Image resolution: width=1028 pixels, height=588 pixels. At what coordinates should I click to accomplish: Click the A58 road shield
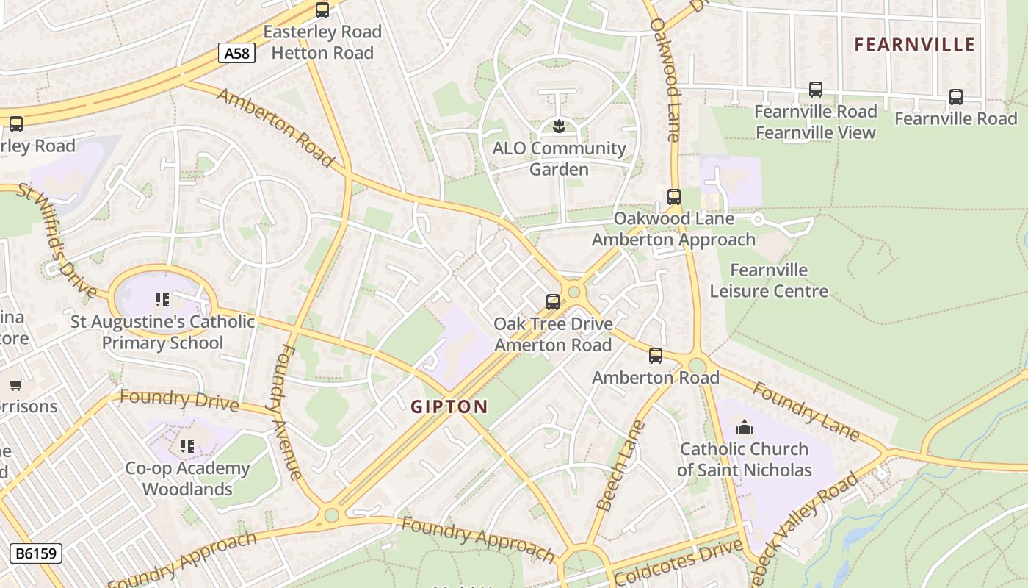tap(236, 53)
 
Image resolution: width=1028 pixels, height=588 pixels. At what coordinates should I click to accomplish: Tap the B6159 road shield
tap(36, 553)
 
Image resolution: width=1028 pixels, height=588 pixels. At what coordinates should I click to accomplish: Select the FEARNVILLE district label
tap(914, 45)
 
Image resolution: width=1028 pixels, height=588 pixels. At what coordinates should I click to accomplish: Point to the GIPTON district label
tap(449, 406)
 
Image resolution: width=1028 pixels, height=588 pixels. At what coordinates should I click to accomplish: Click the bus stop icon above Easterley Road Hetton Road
tap(322, 10)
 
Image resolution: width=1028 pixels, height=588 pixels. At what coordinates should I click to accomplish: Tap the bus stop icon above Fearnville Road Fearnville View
tap(815, 90)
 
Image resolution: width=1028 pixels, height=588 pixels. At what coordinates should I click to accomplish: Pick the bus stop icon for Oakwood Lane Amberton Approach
tap(673, 197)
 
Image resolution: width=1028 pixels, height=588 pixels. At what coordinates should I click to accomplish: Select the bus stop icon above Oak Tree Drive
tap(552, 302)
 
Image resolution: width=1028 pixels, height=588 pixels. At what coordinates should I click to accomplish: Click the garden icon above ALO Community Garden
tap(559, 126)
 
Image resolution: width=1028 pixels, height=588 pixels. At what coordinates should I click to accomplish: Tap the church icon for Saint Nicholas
tap(744, 427)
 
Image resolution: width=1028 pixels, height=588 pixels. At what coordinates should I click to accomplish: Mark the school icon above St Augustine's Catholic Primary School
tap(162, 300)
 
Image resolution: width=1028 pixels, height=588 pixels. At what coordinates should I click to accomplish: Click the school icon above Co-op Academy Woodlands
tap(187, 446)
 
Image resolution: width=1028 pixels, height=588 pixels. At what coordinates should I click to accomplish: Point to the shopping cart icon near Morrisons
tap(15, 384)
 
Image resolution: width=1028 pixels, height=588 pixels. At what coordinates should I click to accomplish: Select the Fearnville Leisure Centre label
tap(769, 281)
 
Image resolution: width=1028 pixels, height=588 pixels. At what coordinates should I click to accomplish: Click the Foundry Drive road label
tap(178, 401)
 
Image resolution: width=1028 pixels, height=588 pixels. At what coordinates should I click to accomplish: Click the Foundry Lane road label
tap(806, 412)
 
